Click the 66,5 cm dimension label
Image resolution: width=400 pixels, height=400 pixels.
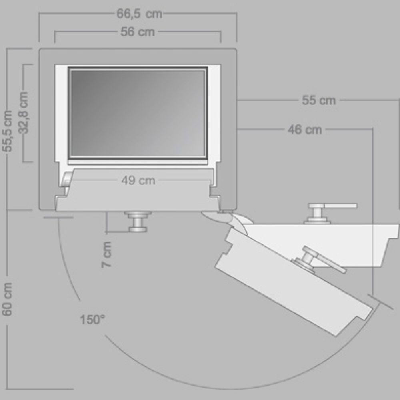[139, 14]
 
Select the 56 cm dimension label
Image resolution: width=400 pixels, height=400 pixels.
[138, 32]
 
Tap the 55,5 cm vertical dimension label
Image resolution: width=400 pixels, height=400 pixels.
[8, 131]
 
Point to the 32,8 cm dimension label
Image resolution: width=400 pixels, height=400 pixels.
[24, 112]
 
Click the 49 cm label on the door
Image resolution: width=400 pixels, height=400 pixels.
[138, 181]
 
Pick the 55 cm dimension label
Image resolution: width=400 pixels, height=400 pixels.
[319, 100]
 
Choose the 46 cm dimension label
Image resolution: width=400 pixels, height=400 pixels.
[305, 130]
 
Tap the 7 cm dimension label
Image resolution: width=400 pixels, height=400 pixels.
[107, 254]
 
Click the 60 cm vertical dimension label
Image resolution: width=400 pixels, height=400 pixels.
[7, 299]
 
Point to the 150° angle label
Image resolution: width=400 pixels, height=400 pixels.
[92, 319]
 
